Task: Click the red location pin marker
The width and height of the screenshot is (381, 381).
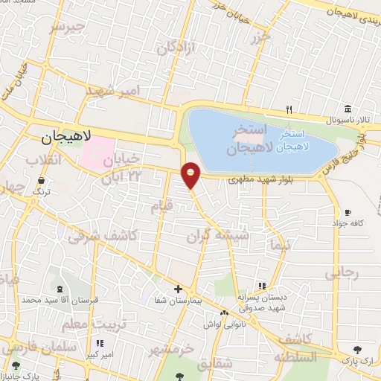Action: [191, 175]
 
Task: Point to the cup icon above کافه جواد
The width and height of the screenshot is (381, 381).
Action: [348, 211]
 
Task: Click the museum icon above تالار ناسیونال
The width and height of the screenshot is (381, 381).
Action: [348, 109]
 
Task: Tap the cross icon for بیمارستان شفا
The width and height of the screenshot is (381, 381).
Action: [178, 289]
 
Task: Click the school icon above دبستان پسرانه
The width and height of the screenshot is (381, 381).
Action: [261, 286]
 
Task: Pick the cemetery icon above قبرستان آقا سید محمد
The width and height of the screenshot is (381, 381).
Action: [60, 289]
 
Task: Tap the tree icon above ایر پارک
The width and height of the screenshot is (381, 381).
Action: [358, 349]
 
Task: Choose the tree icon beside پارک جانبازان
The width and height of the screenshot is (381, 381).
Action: [15, 365]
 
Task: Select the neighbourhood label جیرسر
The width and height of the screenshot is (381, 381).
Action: [65, 28]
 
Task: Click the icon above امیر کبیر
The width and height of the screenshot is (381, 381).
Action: [100, 344]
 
